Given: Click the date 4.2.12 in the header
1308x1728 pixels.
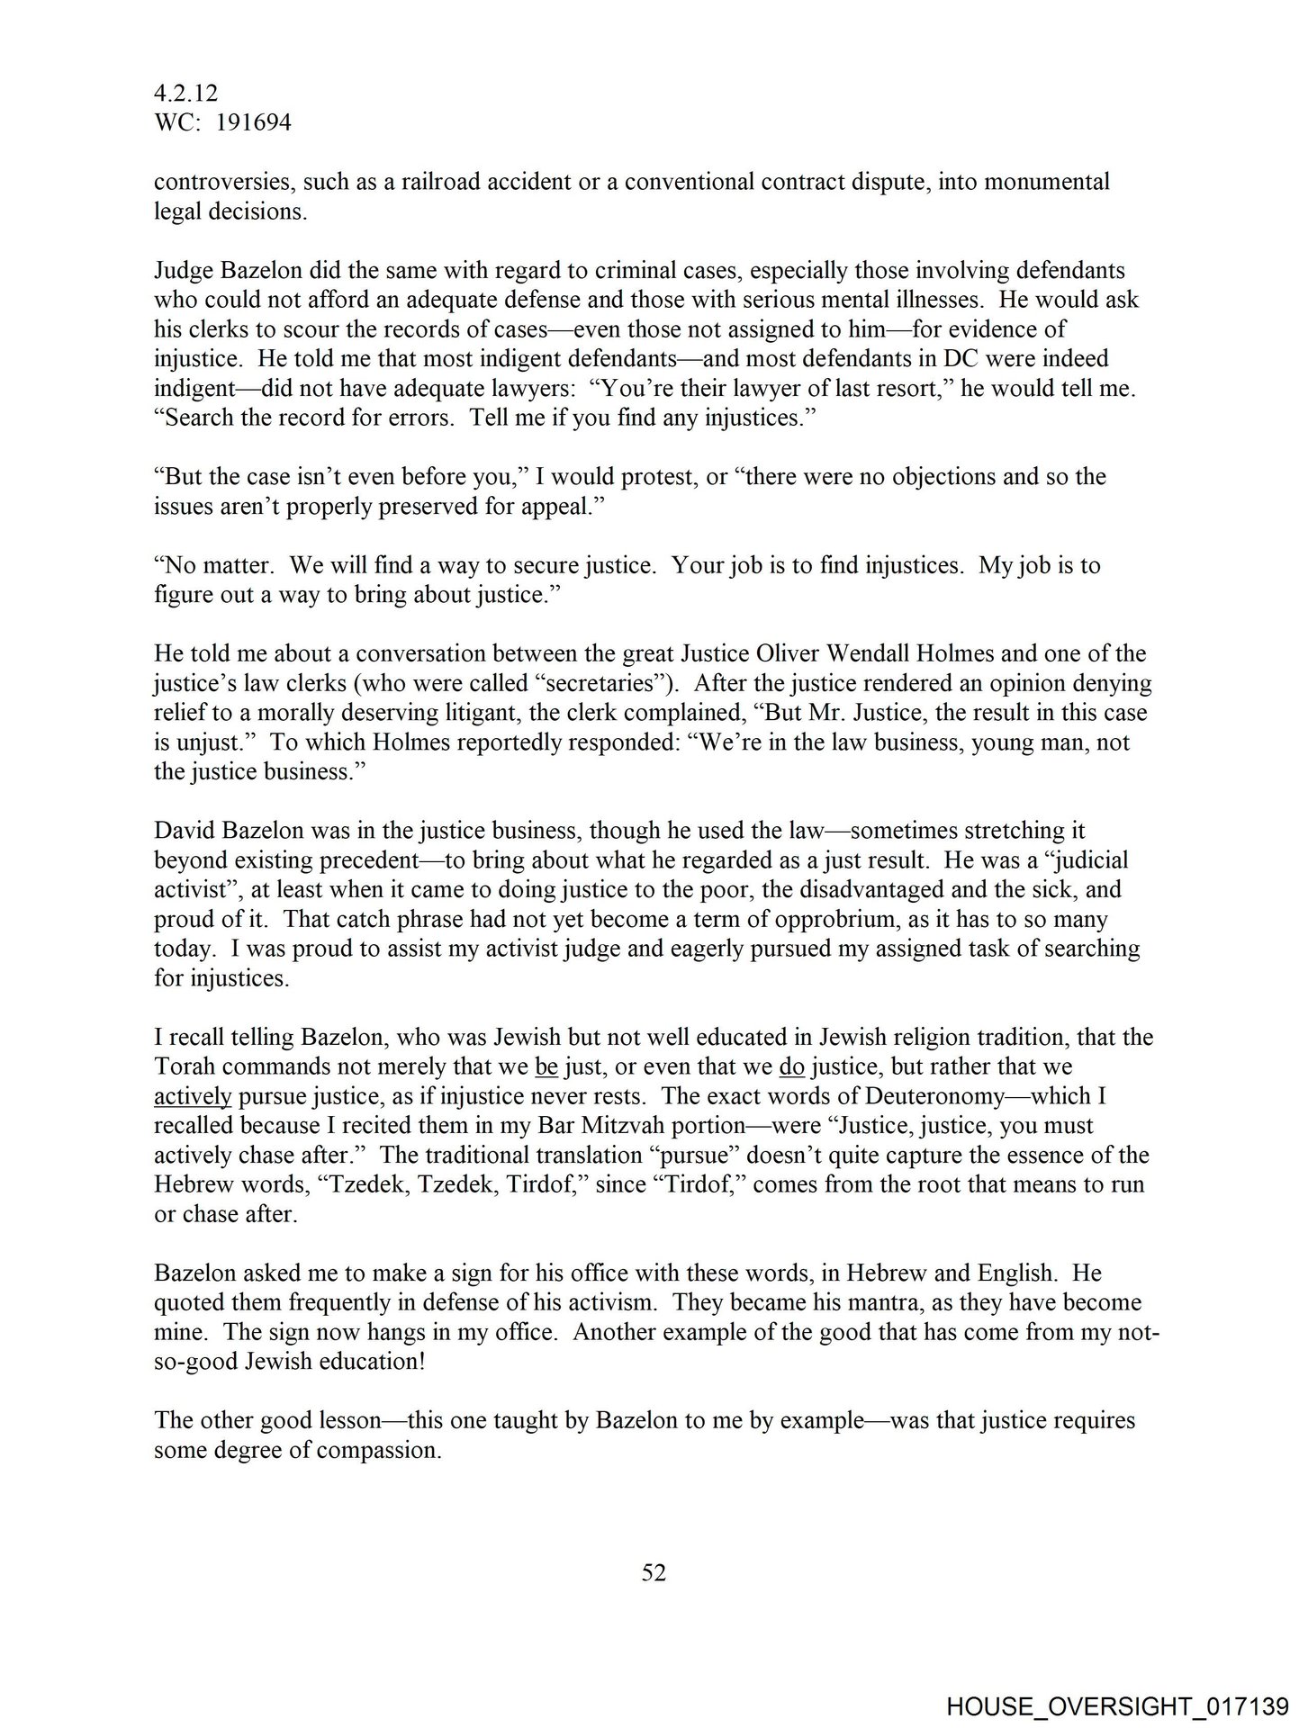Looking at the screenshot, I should click(x=186, y=93).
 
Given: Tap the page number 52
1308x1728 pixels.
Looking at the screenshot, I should click(x=654, y=1572).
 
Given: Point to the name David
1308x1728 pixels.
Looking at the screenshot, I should click(x=184, y=830).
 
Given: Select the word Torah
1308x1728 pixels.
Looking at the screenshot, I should click(x=184, y=1066).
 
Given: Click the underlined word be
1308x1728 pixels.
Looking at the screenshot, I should click(x=546, y=1066).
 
